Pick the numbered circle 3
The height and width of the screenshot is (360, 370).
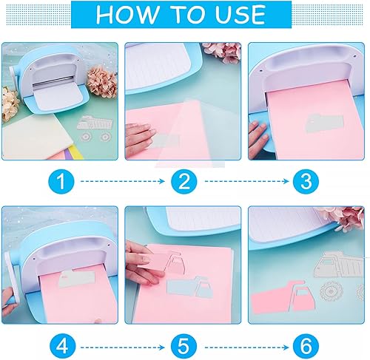[x=306, y=180]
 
